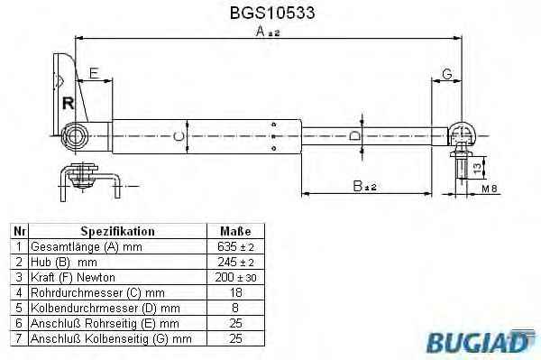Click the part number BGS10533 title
pyautogui.click(x=272, y=13)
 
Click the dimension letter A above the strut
pyautogui.click(x=261, y=32)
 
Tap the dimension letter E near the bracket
pyautogui.click(x=94, y=73)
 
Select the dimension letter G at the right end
pyautogui.click(x=447, y=74)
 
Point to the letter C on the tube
pyautogui.click(x=179, y=137)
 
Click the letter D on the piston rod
pyautogui.click(x=355, y=136)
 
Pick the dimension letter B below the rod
pyautogui.click(x=358, y=186)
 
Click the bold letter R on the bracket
pyautogui.click(x=68, y=103)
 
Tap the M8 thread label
pyautogui.click(x=490, y=189)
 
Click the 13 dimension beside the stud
pyautogui.click(x=476, y=168)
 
